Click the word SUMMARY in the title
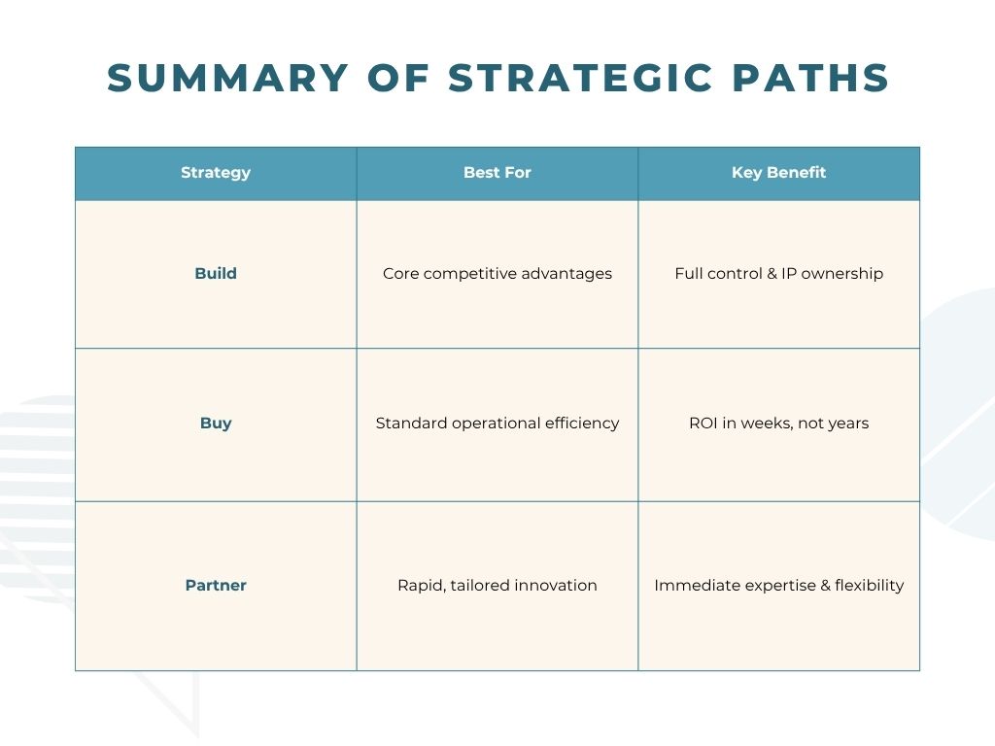coord(227,78)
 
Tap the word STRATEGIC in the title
coord(581,78)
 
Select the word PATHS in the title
coord(810,78)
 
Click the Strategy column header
coord(216,173)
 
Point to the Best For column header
coord(497,173)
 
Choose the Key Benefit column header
coord(778,173)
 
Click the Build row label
coord(216,273)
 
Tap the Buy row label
coord(216,424)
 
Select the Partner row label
coord(216,585)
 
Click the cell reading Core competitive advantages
coord(497,273)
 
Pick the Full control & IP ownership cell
coord(778,273)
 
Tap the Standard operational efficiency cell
coord(497,424)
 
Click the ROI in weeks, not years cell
coord(778,424)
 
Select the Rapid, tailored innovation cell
coord(497,585)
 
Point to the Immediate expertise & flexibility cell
coord(778,585)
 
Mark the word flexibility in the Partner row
coord(870,585)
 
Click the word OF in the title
coord(398,78)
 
